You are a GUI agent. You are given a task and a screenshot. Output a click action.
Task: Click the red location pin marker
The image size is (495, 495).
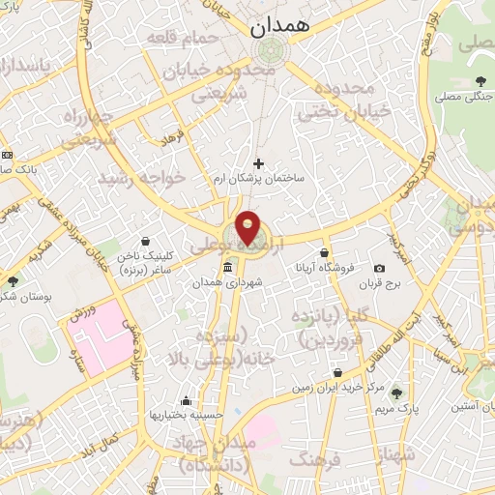click(x=247, y=226)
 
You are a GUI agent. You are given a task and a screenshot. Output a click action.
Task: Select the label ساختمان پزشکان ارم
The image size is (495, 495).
click(x=259, y=180)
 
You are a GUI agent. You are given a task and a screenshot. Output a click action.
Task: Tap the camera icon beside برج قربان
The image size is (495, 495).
click(x=379, y=267)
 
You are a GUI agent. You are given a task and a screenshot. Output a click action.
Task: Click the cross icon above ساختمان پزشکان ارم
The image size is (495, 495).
click(x=257, y=163)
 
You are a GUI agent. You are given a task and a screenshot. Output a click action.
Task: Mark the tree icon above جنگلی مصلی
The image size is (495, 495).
click(x=481, y=81)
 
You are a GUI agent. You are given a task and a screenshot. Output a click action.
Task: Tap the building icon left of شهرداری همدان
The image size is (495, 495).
click(x=227, y=267)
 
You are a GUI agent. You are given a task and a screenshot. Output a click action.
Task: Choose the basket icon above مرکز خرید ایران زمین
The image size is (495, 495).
click(x=337, y=372)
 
